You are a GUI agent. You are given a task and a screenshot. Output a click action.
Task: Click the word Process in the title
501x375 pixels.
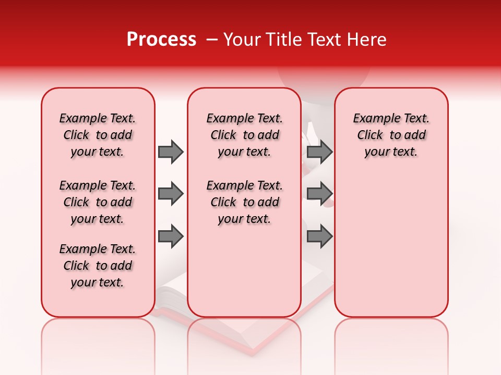point(161,40)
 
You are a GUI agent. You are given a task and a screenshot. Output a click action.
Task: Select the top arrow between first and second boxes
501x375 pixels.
point(171,152)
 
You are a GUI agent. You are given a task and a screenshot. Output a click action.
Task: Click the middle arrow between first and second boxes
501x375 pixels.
point(171,194)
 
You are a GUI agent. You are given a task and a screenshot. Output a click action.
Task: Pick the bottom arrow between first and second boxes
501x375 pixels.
point(171,237)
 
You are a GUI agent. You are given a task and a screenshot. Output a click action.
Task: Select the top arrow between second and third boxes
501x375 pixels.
point(319,152)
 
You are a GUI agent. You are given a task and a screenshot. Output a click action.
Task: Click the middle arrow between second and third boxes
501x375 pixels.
point(319,194)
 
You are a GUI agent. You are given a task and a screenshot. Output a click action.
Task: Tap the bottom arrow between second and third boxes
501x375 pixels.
point(319,237)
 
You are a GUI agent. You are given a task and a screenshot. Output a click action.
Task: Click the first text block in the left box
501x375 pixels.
point(98,135)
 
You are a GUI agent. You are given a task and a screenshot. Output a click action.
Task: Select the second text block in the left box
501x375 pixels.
point(98,202)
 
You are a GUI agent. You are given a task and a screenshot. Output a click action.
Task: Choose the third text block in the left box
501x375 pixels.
point(98,266)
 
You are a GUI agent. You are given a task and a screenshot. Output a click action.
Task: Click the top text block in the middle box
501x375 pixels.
point(244,135)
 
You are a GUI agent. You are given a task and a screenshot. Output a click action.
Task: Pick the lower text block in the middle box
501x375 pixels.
point(244,202)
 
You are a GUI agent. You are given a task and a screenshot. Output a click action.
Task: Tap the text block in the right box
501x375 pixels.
point(391,135)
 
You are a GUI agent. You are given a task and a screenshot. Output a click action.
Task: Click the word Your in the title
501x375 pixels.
point(242,40)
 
